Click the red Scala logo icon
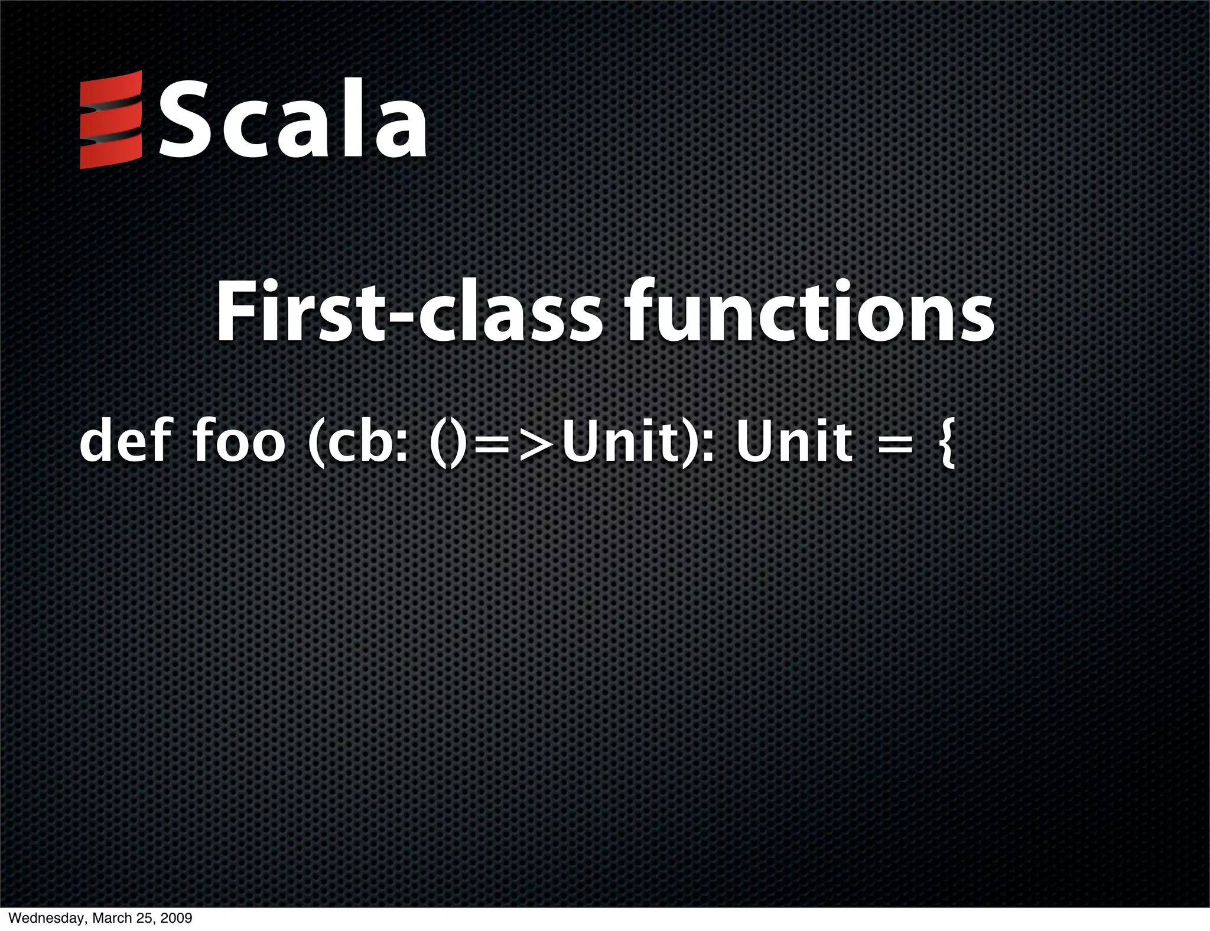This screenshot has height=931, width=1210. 110,120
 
